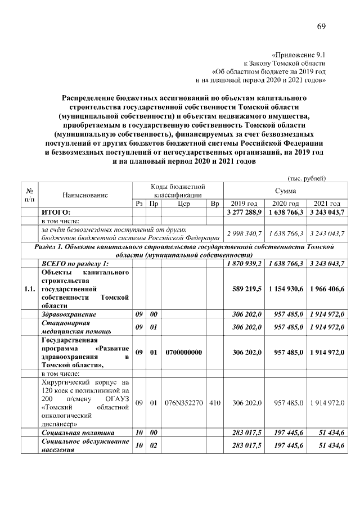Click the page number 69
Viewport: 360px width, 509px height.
321,27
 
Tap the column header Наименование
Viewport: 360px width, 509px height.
85,195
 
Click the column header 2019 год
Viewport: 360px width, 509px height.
244,203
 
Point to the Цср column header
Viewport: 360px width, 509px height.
183,203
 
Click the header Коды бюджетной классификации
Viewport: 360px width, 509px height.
177,190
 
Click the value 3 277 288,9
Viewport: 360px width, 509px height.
244,212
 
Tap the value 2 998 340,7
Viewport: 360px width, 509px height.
244,233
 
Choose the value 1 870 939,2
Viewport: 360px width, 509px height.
244,264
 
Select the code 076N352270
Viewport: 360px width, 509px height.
183,403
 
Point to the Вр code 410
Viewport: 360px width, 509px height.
214,403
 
